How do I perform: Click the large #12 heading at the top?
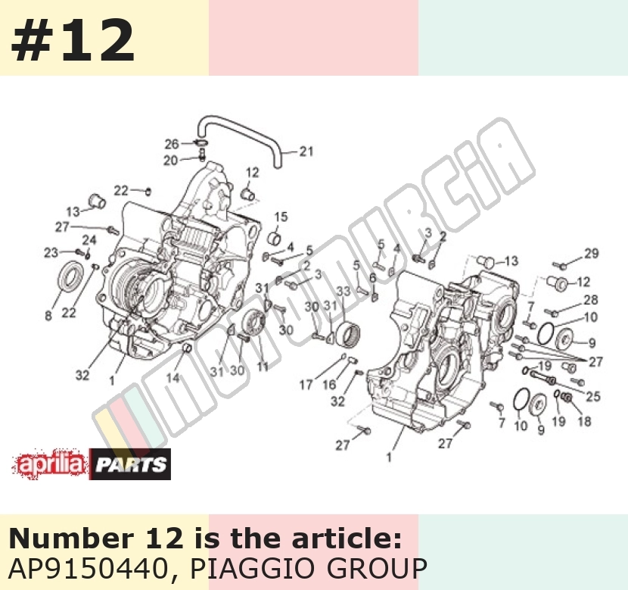(73, 40)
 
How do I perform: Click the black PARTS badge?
(130, 464)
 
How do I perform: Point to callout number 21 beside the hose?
(306, 151)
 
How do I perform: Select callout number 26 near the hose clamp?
(172, 144)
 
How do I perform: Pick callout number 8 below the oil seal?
(48, 316)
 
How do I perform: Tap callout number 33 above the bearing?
(344, 292)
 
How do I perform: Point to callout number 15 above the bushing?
(281, 217)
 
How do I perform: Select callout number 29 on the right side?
(591, 253)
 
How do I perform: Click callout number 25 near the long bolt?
(593, 396)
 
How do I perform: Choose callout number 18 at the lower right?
(584, 421)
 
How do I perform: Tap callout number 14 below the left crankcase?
(173, 378)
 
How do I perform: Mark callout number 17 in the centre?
(306, 386)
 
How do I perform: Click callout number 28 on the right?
(591, 300)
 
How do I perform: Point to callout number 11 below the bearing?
(263, 367)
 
